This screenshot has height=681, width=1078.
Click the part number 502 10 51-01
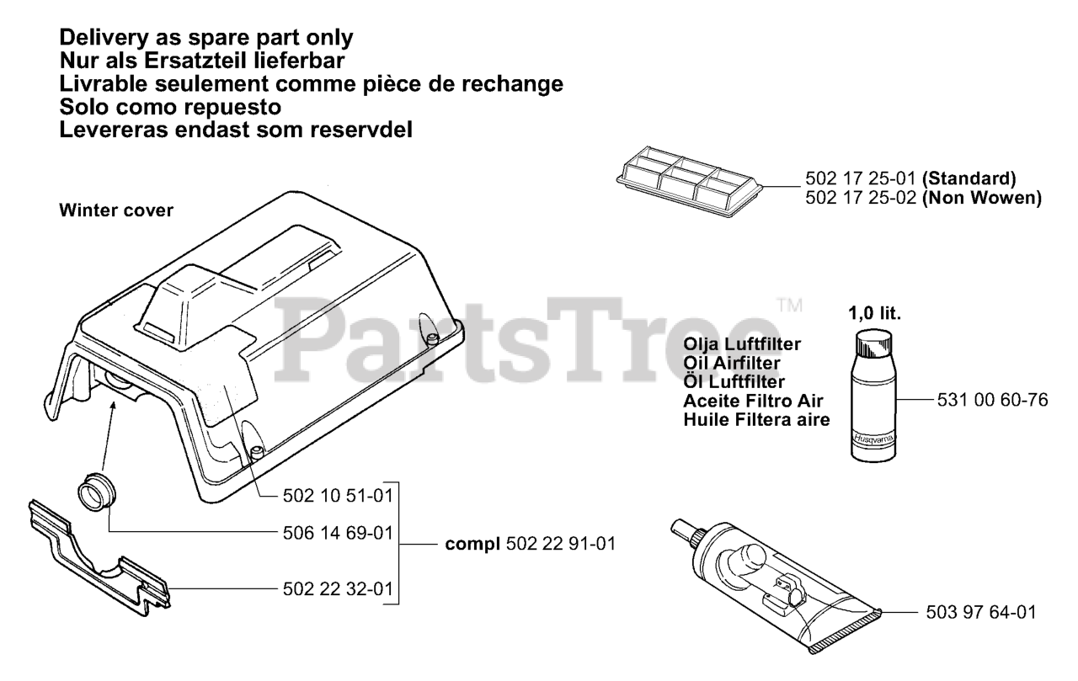[x=338, y=496]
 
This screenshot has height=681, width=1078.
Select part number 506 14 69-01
[x=338, y=533]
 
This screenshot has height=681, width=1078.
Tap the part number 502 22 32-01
[x=338, y=588]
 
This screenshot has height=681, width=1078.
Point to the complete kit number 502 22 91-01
[x=561, y=544]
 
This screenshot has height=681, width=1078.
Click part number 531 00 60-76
[x=992, y=400]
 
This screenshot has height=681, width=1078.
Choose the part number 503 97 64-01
[x=981, y=612]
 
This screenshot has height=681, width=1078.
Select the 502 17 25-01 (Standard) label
[x=910, y=178]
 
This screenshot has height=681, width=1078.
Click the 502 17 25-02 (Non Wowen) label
[x=924, y=198]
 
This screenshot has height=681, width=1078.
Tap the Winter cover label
[x=116, y=210]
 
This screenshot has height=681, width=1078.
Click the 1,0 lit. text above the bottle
[x=874, y=314]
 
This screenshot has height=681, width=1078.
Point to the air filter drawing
[x=690, y=181]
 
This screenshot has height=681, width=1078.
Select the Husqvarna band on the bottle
[x=874, y=439]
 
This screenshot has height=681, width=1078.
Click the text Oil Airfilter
[x=732, y=363]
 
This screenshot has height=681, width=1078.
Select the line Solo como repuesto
[x=170, y=107]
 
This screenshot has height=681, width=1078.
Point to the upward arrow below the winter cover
[x=109, y=436]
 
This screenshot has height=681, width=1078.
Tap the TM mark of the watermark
[x=790, y=306]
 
